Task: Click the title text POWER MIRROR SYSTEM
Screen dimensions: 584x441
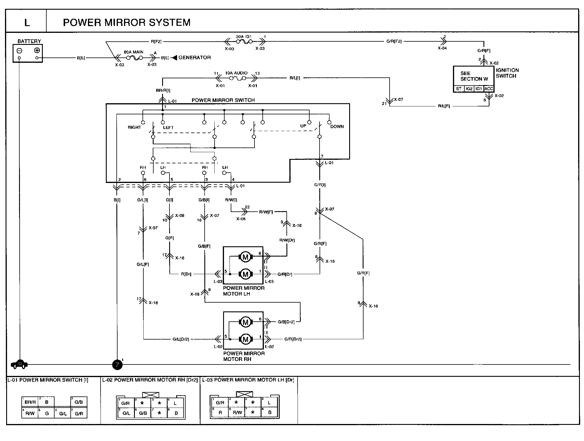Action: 127,23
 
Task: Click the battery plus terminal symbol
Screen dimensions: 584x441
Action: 37,50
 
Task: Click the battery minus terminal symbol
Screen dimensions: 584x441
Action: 19,50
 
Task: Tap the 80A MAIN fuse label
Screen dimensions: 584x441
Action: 133,52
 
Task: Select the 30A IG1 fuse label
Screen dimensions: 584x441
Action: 244,37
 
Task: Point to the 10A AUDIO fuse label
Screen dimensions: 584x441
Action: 236,73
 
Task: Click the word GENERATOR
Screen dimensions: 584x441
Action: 195,57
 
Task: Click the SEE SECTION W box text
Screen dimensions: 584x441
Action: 474,76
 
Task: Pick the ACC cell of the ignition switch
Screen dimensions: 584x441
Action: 489,89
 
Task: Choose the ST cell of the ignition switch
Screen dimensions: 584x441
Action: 459,89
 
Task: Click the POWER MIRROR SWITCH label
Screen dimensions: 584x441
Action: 223,100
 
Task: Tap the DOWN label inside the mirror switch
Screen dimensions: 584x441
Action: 337,127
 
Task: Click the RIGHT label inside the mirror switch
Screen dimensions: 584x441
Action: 134,127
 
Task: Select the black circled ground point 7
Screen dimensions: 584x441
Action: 117,365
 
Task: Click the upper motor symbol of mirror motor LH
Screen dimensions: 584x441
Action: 245,257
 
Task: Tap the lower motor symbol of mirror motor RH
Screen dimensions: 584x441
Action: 245,339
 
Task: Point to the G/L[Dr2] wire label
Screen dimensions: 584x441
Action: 181,339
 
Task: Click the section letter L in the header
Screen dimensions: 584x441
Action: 27,23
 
